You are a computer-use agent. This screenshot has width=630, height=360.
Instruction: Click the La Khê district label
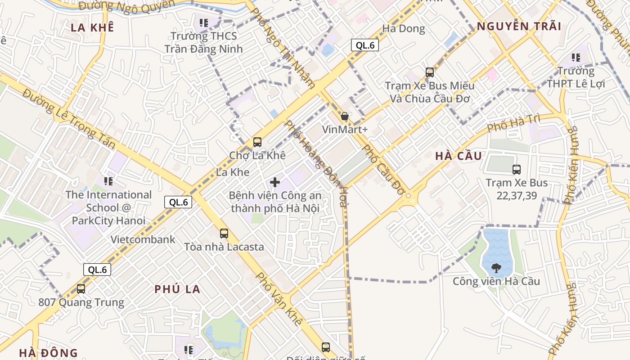pos(92,27)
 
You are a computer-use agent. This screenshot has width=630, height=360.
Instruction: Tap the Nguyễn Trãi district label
pos(519,26)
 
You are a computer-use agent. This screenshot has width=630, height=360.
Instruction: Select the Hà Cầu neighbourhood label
pos(459,156)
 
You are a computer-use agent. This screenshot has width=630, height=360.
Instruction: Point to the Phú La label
pos(177,289)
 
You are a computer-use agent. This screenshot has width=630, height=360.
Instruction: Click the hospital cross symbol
pos(275,182)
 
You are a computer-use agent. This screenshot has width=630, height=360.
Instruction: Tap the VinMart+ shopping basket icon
pos(345,117)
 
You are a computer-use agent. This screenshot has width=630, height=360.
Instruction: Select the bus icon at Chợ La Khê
pos(257,142)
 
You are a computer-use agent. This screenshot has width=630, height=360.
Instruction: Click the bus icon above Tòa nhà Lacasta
pos(224,234)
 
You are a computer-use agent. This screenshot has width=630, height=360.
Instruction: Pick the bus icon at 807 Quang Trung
pos(81,289)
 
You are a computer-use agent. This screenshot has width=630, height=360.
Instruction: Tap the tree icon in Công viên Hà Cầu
pos(496,268)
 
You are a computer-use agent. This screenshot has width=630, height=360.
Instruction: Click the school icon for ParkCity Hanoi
pos(108,181)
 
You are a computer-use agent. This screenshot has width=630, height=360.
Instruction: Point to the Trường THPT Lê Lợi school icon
pos(576,58)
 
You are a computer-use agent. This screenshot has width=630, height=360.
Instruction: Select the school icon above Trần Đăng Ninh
pos(203,22)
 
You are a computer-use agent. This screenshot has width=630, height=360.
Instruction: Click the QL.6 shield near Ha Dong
pos(365,45)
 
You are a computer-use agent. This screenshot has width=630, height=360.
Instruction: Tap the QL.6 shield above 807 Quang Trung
pos(97,270)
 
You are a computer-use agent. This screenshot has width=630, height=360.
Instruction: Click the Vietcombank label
pos(143,239)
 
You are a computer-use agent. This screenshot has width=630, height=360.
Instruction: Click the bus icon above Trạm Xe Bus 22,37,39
pos(517,170)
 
